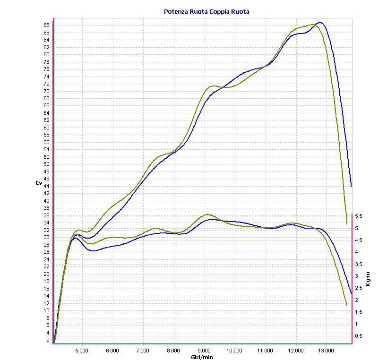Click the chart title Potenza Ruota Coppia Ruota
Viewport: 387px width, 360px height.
(x=206, y=12)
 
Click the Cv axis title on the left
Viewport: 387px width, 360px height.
(x=39, y=183)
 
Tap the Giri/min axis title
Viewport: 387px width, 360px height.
(x=202, y=357)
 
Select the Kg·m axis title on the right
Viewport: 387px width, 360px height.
(x=368, y=279)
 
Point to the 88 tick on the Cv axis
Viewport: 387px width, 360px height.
(x=46, y=25)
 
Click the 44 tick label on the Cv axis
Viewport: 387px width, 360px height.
(x=46, y=186)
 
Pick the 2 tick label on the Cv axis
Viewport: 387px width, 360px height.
(x=48, y=340)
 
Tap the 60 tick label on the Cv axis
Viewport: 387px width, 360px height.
(x=46, y=128)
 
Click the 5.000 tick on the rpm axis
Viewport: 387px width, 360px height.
(x=82, y=351)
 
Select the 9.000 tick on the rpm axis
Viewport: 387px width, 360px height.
(x=204, y=351)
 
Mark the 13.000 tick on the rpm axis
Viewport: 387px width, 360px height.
(x=327, y=351)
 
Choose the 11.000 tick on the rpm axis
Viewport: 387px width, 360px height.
(x=266, y=351)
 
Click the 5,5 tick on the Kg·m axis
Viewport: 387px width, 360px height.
(x=359, y=216)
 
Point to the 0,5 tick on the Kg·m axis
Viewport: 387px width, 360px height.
(x=359, y=336)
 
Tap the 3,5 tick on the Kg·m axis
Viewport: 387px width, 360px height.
(x=359, y=264)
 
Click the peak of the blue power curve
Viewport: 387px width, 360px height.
(x=320, y=22)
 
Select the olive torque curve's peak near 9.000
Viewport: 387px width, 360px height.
(x=207, y=214)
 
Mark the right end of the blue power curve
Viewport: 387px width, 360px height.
(x=351, y=187)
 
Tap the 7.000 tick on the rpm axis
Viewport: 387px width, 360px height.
(x=143, y=351)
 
